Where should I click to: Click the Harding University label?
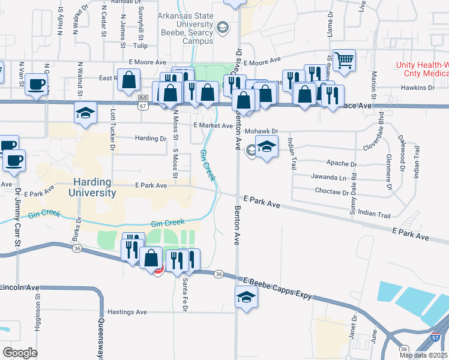pyautogui.click(x=95, y=187)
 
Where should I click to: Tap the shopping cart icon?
pyautogui.click(x=344, y=60)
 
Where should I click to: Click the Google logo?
pyautogui.click(x=20, y=352)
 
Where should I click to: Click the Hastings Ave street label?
pyautogui.click(x=127, y=312)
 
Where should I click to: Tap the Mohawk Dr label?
pyautogui.click(x=263, y=130)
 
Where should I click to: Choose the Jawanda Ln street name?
pyautogui.click(x=330, y=178)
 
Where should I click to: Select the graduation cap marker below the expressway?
pyautogui.click(x=246, y=297)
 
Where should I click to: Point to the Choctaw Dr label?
pyautogui.click(x=331, y=192)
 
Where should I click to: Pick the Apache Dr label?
pyautogui.click(x=341, y=163)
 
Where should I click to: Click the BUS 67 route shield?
pyautogui.click(x=143, y=102)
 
